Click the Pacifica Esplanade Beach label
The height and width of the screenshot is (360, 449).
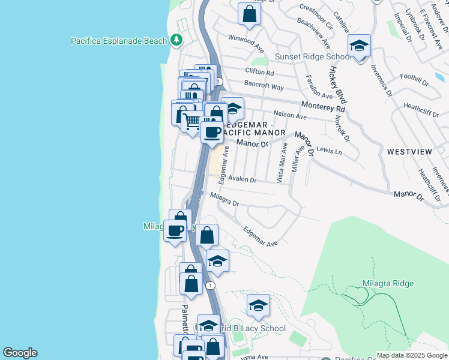click(x=119, y=41)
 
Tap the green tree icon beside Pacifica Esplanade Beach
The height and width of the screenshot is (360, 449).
click(x=176, y=41)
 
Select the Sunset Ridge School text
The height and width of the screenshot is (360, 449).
click(x=313, y=57)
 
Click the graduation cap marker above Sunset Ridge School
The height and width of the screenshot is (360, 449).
click(x=359, y=46)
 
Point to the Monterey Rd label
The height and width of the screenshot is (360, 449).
click(x=324, y=106)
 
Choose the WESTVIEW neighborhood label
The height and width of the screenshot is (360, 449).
click(x=409, y=152)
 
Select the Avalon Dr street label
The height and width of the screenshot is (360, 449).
click(x=242, y=179)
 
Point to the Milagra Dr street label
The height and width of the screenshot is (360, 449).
click(x=224, y=199)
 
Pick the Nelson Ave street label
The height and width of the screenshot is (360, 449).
click(x=290, y=115)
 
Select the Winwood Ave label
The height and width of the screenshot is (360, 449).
click(x=246, y=43)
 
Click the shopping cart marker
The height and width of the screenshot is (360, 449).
click(x=192, y=122)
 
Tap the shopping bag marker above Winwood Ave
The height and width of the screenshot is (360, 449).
click(x=249, y=13)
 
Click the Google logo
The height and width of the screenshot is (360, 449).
click(x=20, y=353)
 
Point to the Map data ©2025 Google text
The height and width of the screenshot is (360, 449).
click(x=412, y=355)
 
